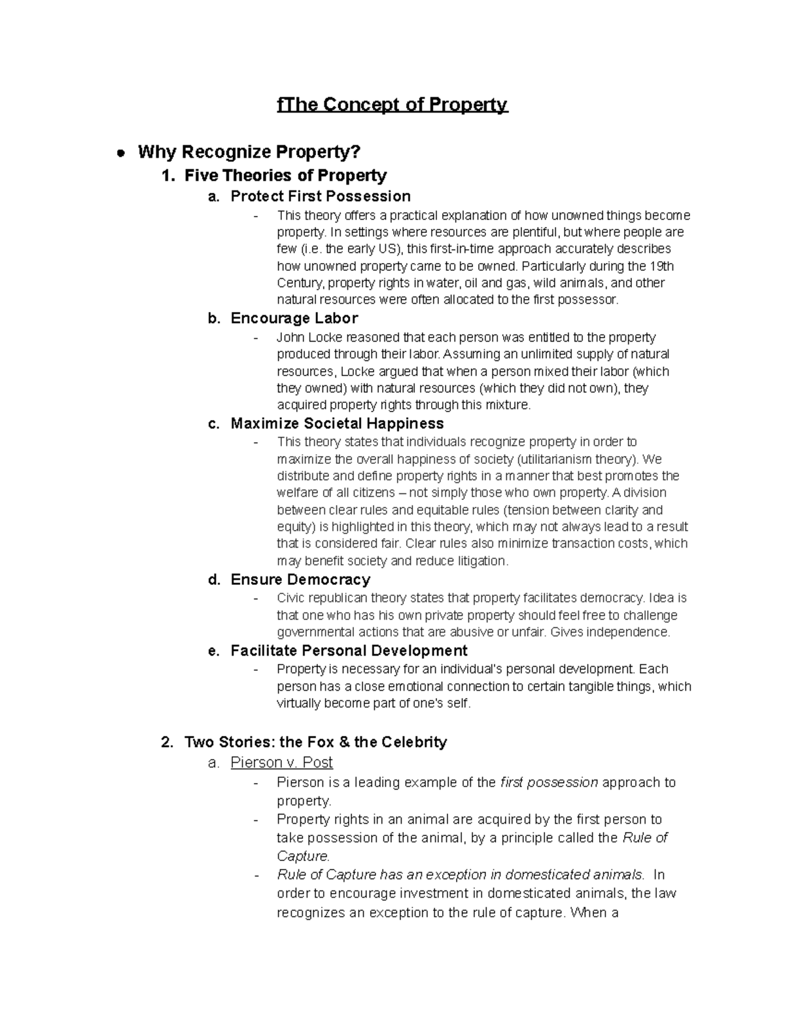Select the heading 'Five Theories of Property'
(x=285, y=175)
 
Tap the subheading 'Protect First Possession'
(x=321, y=196)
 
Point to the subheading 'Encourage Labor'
(x=294, y=319)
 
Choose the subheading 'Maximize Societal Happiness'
(x=337, y=424)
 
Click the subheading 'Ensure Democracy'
(x=300, y=580)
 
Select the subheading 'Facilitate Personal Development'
(x=349, y=651)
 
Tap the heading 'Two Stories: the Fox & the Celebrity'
(x=315, y=743)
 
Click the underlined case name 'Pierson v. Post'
(x=281, y=763)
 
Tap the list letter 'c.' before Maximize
(x=213, y=424)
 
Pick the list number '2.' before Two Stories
(x=167, y=743)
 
